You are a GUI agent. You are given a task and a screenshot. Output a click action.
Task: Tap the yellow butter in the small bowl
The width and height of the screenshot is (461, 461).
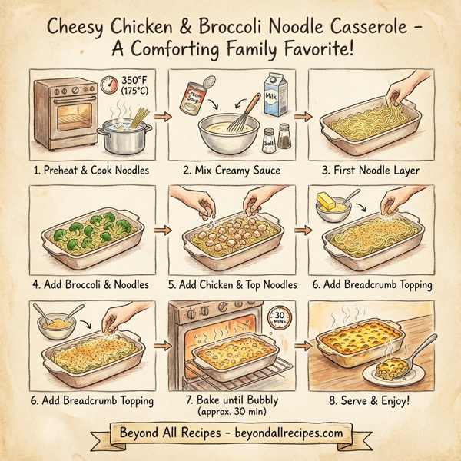coord(327,203)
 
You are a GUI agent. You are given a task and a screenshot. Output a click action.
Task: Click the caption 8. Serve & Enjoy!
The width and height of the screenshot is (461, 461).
coord(370,400)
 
